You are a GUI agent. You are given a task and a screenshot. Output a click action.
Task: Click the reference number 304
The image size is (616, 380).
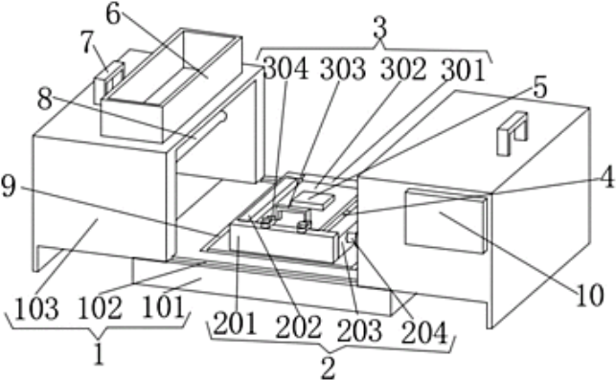tap(285, 70)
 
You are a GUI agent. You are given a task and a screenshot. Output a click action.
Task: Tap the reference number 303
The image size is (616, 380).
tap(343, 69)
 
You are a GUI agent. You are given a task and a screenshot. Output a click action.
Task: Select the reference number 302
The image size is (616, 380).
tap(403, 69)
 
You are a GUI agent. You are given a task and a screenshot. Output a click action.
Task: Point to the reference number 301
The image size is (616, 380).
tap(463, 70)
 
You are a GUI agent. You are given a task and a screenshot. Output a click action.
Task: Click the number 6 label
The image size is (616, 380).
tap(113, 15)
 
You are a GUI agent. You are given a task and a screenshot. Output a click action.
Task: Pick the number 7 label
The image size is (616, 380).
tap(88, 42)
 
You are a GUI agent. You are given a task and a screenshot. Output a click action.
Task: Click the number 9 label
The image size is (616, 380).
tap(9, 186)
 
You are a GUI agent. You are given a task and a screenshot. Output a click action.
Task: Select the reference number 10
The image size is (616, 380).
tap(590, 295)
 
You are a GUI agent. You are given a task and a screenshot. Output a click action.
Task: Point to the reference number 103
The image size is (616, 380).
tap(37, 308)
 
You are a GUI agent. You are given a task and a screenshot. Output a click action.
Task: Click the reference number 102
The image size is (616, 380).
tap(101, 308)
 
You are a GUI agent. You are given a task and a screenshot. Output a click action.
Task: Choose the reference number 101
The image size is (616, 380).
tap(163, 305)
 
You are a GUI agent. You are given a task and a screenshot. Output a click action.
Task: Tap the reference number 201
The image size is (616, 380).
tap(236, 324)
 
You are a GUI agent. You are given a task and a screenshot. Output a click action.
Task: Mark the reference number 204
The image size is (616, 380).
tap(424, 332)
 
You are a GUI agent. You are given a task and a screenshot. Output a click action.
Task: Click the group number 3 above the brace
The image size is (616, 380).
tap(380, 29)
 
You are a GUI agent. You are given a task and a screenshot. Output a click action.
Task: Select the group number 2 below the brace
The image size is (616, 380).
tap(329, 368)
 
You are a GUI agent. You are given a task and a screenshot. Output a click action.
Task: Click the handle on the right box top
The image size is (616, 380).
tap(512, 133)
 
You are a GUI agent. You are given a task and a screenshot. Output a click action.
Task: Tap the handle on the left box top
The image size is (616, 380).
tap(108, 81)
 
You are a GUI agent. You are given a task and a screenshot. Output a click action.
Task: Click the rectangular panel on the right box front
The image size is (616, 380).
tap(446, 221)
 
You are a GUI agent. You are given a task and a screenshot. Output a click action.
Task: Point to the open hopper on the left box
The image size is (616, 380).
tap(171, 85)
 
